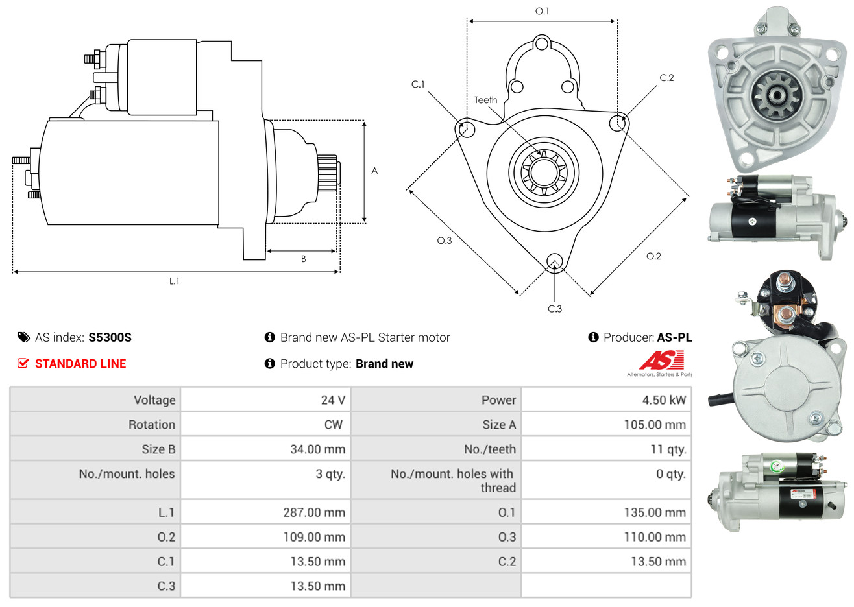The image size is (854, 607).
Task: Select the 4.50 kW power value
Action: [664, 400]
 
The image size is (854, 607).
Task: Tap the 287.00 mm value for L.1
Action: [314, 512]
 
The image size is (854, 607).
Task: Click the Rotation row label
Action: [152, 425]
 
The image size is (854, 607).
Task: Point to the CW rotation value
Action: [333, 425]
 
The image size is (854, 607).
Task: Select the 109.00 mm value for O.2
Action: [314, 537]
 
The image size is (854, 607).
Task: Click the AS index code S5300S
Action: [110, 338]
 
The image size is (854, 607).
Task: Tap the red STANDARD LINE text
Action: [80, 364]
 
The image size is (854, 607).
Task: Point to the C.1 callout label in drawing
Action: [418, 84]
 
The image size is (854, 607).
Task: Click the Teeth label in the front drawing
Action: [485, 100]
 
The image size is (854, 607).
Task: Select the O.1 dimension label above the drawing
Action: [542, 11]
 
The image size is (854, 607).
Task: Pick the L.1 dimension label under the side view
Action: [174, 281]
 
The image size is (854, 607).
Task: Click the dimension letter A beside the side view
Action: [374, 171]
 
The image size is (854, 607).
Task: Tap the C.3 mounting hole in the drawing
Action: [555, 262]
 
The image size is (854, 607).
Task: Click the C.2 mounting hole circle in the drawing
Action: [617, 123]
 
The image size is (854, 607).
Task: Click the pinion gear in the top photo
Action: [777, 95]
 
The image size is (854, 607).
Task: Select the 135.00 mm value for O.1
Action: [655, 512]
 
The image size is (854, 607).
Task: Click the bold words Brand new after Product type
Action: [384, 364]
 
